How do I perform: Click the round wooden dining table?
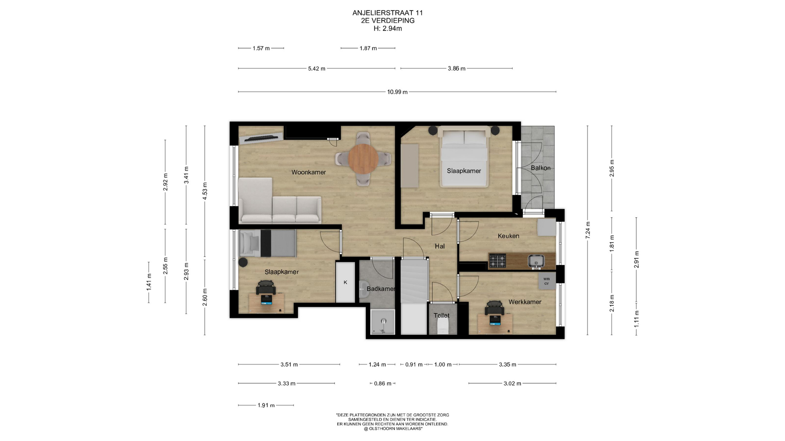363,158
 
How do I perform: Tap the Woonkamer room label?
309,172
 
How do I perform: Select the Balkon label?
541,168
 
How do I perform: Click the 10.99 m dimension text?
397,92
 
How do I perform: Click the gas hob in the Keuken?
498,261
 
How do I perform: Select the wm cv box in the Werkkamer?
547,281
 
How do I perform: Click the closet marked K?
345,282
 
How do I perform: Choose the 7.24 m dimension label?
588,230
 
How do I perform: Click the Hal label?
440,246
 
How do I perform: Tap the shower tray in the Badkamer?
383,322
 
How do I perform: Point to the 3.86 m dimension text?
457,69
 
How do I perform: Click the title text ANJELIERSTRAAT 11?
388,13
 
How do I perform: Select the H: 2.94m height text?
388,29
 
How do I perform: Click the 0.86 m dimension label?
383,383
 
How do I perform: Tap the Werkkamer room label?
525,302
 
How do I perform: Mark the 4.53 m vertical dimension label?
205,191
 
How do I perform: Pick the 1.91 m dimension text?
266,405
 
